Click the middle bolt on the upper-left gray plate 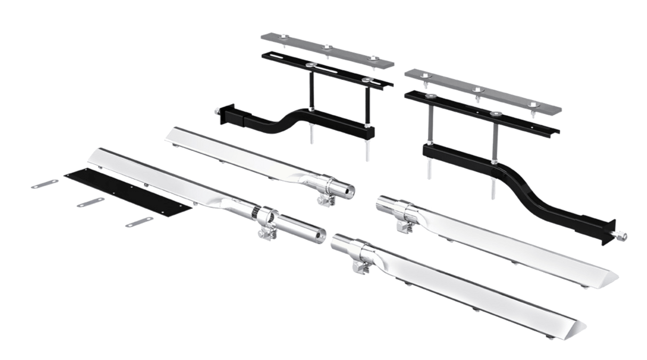pos(327,48)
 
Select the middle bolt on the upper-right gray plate pos(476,90)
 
